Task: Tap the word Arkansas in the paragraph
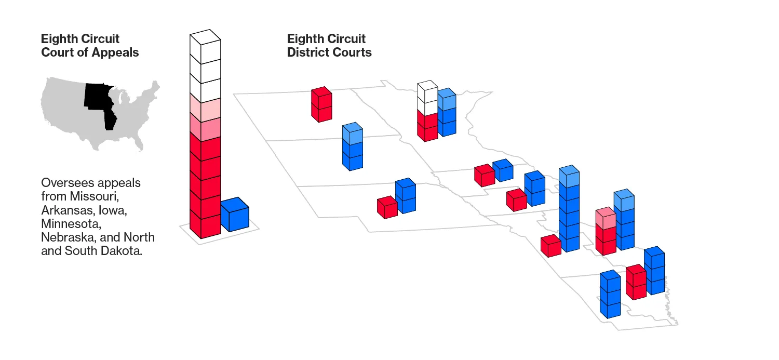(x=66, y=210)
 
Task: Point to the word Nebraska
(x=65, y=237)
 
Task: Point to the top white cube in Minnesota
(x=427, y=92)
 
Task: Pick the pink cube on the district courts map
(x=606, y=218)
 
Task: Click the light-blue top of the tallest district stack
(x=569, y=177)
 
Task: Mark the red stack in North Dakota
(x=321, y=104)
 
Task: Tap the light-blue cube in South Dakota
(x=353, y=134)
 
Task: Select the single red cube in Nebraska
(x=387, y=207)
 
